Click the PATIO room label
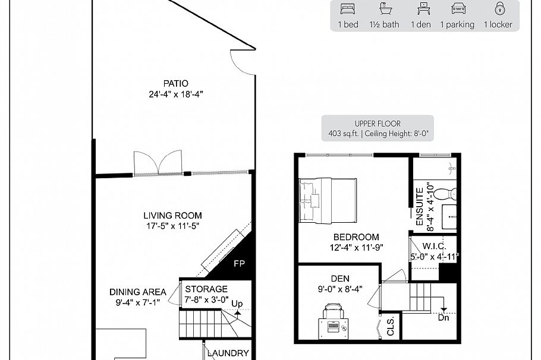(x=177, y=83)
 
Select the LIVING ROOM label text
(x=172, y=216)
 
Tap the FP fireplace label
(x=239, y=263)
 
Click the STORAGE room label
(x=206, y=289)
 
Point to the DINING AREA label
(x=137, y=292)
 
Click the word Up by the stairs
(x=237, y=303)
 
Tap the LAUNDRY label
(x=228, y=353)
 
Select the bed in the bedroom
(x=328, y=200)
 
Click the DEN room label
(x=340, y=278)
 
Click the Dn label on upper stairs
(x=444, y=318)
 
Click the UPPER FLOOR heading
(x=378, y=124)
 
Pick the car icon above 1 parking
(x=457, y=9)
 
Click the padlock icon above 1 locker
(x=498, y=9)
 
